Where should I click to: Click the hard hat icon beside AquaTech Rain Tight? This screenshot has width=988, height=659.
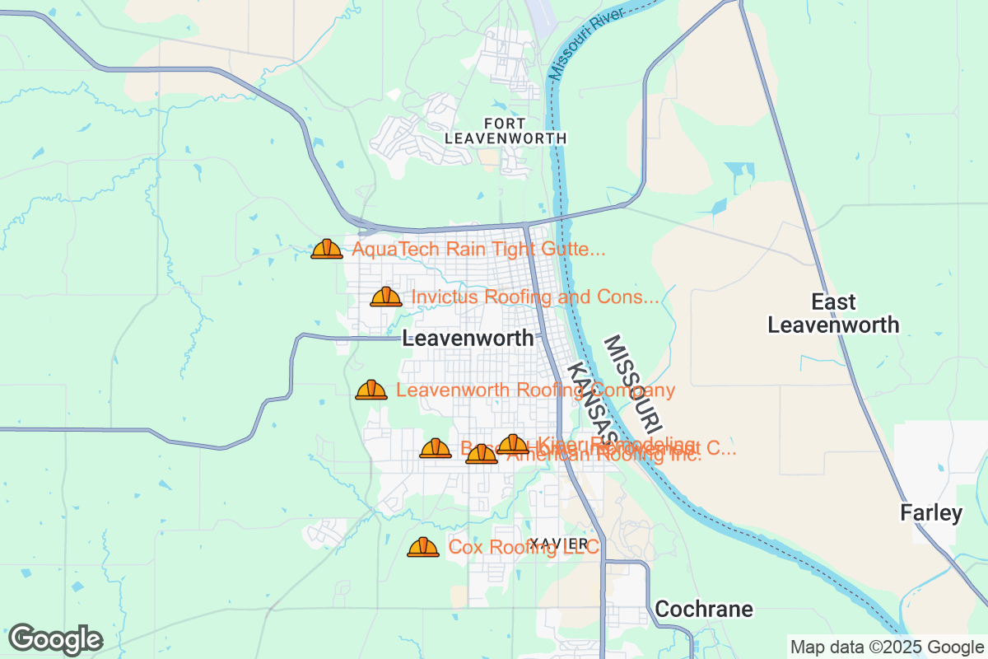coord(327,249)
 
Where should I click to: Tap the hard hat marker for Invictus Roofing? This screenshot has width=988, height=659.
coord(386,297)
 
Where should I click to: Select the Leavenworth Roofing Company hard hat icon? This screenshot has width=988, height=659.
coord(371,390)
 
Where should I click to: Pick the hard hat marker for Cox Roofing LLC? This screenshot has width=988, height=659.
coord(423,547)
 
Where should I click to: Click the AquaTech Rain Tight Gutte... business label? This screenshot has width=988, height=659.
coord(479,249)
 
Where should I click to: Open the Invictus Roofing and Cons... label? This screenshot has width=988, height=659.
coord(535,297)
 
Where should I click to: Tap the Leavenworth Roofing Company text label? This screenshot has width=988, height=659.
coord(535,390)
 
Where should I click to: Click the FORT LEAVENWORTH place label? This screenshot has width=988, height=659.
coord(506,131)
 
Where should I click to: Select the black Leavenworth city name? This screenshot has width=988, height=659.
coord(468,339)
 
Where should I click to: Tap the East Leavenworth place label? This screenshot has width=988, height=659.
coord(833,313)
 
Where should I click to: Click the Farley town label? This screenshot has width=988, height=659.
coord(931,513)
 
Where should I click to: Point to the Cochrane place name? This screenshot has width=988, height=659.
coord(704,610)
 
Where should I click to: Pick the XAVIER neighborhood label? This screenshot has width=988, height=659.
coord(560,544)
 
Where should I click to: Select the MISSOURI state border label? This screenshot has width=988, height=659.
coord(632,385)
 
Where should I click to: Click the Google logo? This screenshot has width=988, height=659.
coord(55,639)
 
